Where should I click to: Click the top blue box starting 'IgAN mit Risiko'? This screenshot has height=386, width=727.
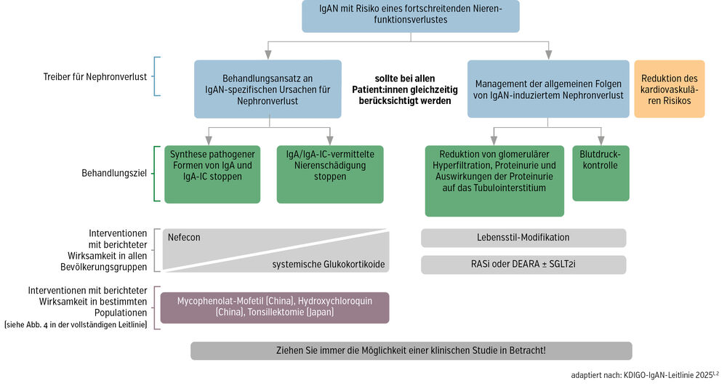pyautogui.click(x=411, y=15)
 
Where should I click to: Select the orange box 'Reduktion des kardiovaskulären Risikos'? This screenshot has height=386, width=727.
pyautogui.click(x=670, y=89)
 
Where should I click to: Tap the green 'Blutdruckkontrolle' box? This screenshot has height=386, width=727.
pyautogui.click(x=601, y=173)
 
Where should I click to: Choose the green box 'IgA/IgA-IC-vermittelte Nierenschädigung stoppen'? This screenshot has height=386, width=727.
pyautogui.click(x=330, y=174)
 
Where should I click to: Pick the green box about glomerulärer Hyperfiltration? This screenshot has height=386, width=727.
pyautogui.click(x=494, y=180)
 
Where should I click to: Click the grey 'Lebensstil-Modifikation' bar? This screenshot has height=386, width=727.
pyautogui.click(x=523, y=238)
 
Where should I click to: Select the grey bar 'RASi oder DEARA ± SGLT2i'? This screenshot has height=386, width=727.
pyautogui.click(x=523, y=265)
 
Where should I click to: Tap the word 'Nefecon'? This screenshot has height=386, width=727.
pyautogui.click(x=185, y=237)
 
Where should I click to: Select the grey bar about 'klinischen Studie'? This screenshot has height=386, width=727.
pyautogui.click(x=411, y=350)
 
